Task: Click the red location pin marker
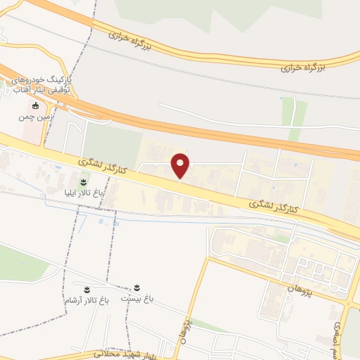click(x=181, y=165)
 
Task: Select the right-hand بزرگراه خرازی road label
click(x=303, y=67)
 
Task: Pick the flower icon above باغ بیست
click(x=138, y=288)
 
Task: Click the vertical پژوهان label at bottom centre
click(x=185, y=327)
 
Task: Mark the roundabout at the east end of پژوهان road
click(x=350, y=304)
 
